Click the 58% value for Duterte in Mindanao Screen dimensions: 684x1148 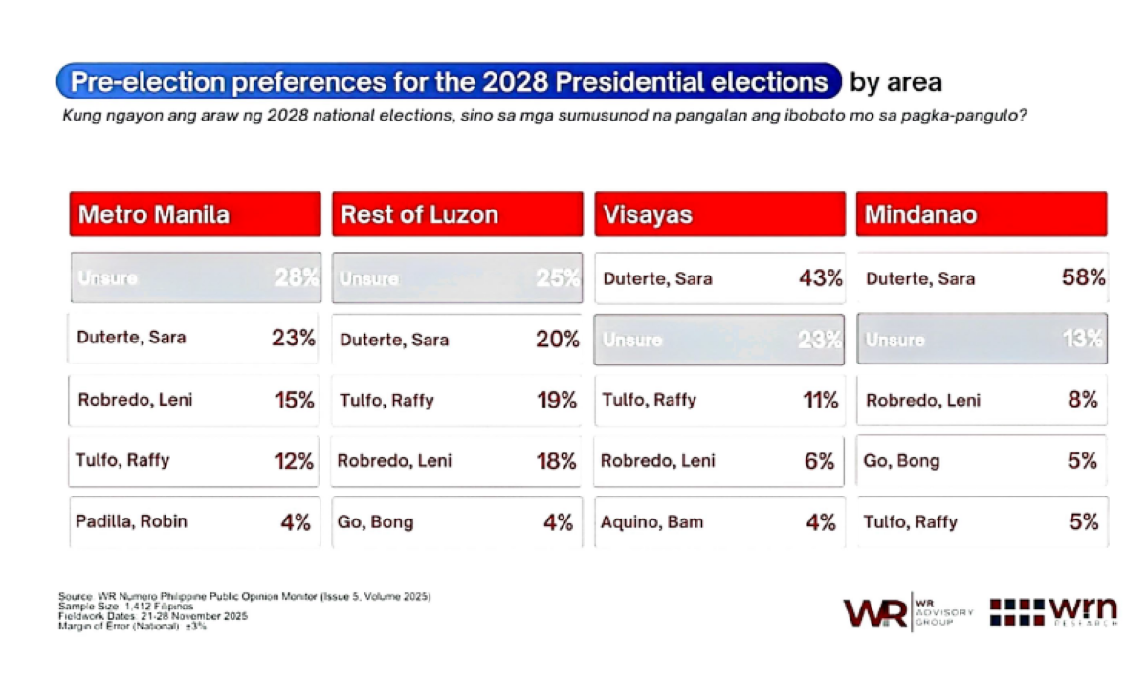1083,278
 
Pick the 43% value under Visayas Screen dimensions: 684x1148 820,278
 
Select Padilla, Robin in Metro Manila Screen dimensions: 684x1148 131,521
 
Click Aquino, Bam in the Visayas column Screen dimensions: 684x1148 651,521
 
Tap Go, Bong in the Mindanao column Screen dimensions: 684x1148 901,461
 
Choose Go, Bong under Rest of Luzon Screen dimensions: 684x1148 376,521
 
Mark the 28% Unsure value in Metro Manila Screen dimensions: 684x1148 296,278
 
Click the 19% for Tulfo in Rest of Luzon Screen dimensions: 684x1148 557,400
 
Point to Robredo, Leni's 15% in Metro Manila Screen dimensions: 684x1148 293,400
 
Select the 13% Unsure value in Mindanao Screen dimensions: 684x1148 1083,339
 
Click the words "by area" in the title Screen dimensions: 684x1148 895,82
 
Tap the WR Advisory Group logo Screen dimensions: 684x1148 907,610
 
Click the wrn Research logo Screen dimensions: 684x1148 1052,610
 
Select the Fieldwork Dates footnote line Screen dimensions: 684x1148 152,616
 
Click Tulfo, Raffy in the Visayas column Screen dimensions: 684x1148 649,400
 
